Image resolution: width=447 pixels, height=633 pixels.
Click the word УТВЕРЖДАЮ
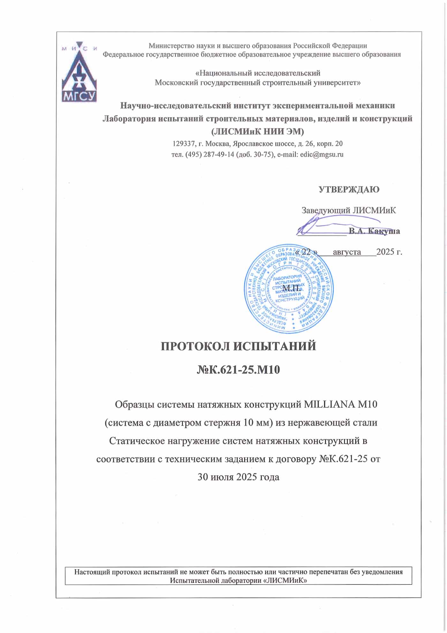tap(349, 190)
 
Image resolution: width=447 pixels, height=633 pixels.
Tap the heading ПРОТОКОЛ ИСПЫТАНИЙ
tap(238, 346)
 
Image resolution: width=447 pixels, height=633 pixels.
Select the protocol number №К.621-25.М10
tap(238, 370)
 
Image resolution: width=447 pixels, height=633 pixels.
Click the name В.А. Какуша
tap(374, 231)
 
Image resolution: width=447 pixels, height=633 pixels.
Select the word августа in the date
tap(347, 252)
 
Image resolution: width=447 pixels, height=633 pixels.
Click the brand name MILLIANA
tap(330, 404)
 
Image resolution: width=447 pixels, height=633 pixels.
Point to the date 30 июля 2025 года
tap(239, 477)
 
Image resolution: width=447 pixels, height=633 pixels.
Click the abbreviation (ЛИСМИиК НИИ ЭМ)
tap(257, 131)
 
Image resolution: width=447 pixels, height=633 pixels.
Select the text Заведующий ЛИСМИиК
tap(349, 210)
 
